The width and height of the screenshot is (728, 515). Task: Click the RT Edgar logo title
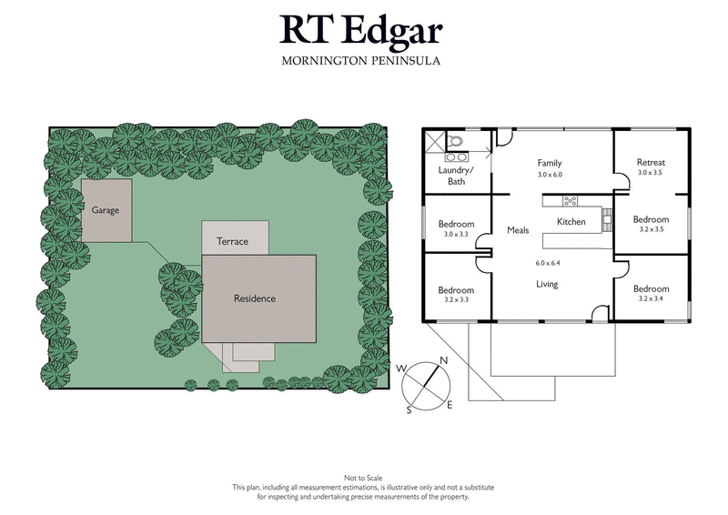point(361,31)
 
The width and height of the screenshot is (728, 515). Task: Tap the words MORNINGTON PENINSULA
point(361,61)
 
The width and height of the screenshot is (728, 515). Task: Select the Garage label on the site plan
point(105,209)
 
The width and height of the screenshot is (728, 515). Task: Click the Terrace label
point(233,242)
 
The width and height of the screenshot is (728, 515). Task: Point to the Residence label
point(254,298)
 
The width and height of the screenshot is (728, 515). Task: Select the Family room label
point(550,163)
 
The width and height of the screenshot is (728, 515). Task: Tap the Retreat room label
point(651,163)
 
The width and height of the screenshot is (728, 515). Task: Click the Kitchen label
point(571,223)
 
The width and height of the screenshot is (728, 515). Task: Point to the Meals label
point(519,230)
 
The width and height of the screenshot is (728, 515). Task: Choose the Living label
point(546,285)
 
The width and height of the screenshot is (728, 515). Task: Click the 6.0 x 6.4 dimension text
point(550,263)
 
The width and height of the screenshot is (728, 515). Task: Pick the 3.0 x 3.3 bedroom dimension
point(456,235)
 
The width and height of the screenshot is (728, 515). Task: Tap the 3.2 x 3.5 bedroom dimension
point(651,230)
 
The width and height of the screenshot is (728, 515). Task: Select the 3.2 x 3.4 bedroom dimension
point(651,298)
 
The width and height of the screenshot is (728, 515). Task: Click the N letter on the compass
point(444,361)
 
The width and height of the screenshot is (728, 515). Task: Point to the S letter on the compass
point(409,410)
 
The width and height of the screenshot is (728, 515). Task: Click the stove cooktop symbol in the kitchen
point(571,200)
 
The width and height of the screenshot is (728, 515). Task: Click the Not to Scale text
point(363,478)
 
